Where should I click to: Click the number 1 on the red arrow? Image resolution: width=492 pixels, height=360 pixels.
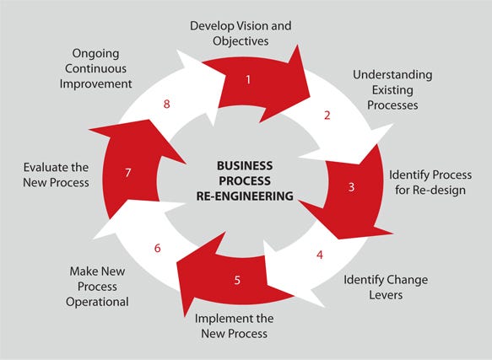[x=248, y=80]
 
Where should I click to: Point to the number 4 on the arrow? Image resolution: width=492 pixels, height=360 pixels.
[x=319, y=253]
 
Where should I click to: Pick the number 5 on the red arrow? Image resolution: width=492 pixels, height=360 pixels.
[x=237, y=280]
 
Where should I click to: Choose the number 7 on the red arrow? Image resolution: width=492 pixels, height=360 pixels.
[x=127, y=173]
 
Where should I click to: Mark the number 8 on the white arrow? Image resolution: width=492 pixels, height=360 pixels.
[x=166, y=105]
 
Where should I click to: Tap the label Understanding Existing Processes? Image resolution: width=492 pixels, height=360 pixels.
[x=392, y=89]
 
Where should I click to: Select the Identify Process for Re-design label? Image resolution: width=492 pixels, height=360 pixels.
[x=430, y=182]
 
